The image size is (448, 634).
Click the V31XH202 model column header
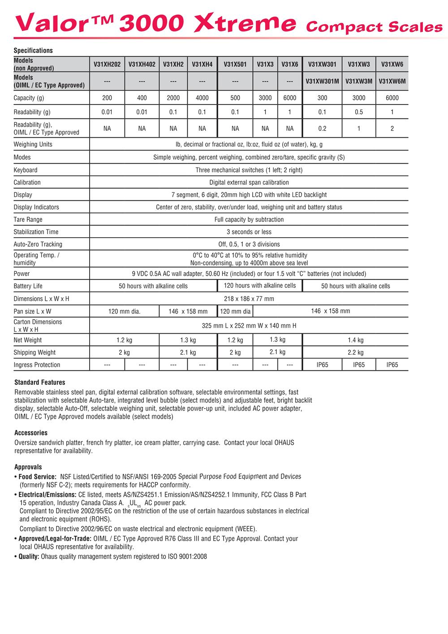(x=107, y=65)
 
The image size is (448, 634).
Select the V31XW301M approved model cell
(x=322, y=81)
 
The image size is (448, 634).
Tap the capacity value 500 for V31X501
(x=235, y=98)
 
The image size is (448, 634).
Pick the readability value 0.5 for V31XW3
(x=359, y=112)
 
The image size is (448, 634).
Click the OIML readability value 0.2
(x=322, y=129)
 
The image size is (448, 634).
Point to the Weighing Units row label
(x=33, y=144)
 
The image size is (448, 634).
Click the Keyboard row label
(x=26, y=170)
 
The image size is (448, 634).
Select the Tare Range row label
(x=28, y=220)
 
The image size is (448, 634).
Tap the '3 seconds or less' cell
(x=249, y=232)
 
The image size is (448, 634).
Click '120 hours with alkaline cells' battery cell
(x=260, y=286)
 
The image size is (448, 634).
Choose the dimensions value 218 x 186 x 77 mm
(x=249, y=299)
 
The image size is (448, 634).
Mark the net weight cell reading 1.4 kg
(x=356, y=340)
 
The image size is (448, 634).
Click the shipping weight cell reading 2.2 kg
(x=356, y=352)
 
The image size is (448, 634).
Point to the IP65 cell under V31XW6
(x=392, y=365)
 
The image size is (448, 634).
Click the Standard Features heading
(x=40, y=382)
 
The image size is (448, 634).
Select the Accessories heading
(x=31, y=433)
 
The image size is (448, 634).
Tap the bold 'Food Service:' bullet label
(x=38, y=477)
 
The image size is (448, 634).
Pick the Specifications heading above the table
(x=33, y=51)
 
